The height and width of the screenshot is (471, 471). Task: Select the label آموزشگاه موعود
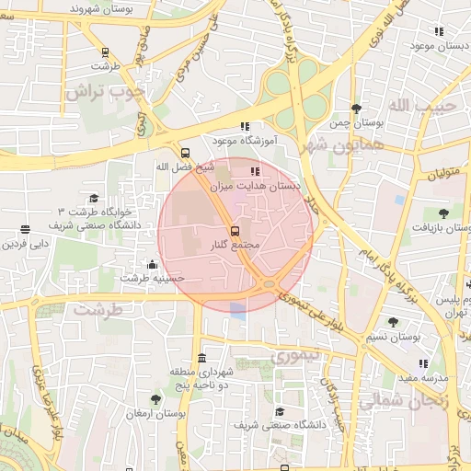pos(246,141)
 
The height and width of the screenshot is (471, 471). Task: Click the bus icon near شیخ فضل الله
pos(185,153)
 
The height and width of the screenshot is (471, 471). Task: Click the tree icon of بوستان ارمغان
pos(155,399)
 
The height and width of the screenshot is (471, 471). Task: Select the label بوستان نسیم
pos(393,338)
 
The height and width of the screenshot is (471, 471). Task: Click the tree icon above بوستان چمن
pos(356,109)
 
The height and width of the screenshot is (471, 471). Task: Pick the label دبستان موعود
pos(436,45)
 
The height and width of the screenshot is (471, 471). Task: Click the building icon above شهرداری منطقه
pos(201,357)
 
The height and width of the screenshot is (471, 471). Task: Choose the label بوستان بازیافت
pos(442,227)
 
